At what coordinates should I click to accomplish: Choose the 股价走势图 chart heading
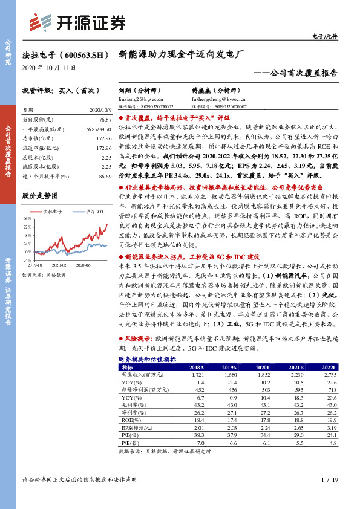[x=40, y=196]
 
